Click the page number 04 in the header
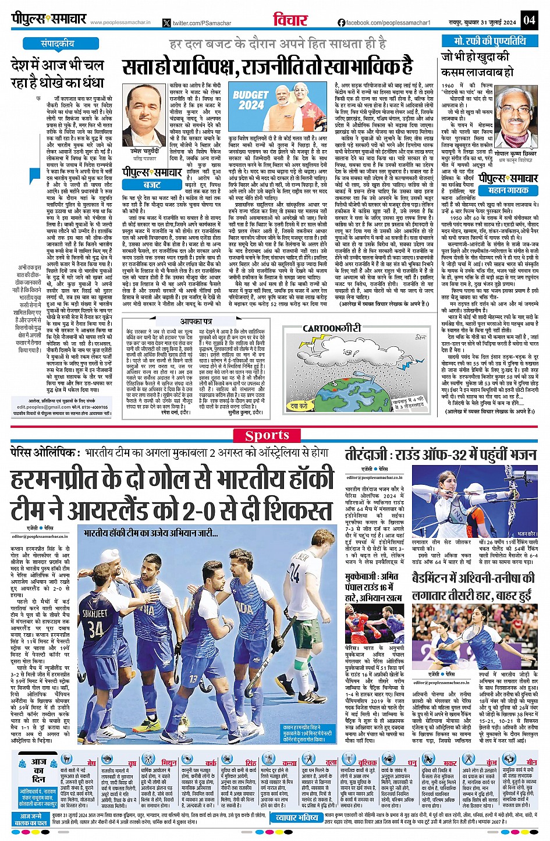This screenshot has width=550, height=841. click(x=528, y=19)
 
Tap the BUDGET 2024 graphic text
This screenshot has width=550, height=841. click(x=250, y=100)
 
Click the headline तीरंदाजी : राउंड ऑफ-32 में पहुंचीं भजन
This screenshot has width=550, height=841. click(x=440, y=455)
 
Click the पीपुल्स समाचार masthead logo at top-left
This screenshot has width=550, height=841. click(x=49, y=19)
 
